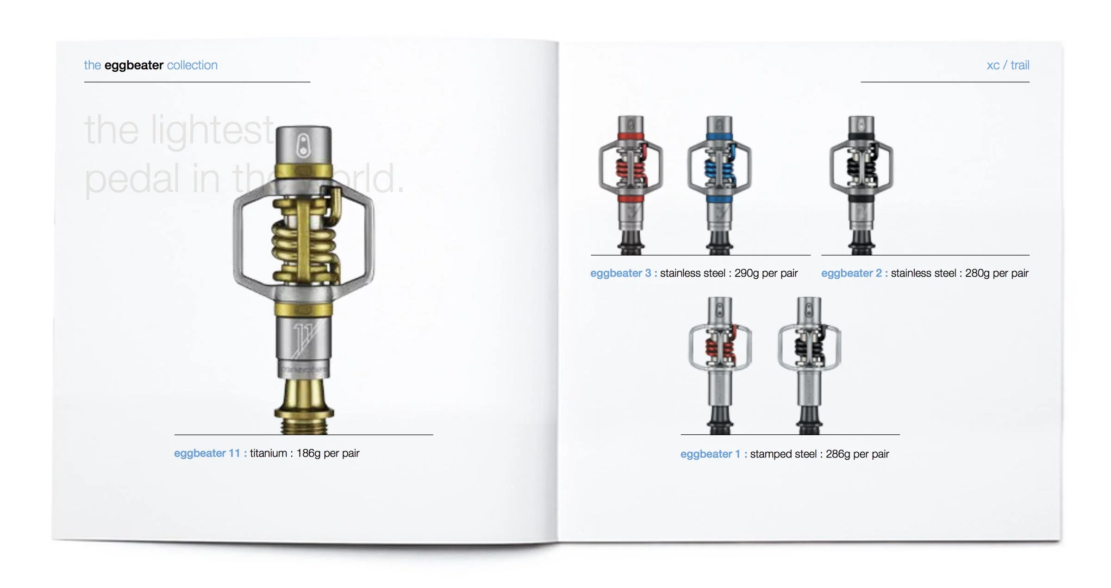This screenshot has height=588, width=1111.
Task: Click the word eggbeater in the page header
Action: tap(134, 65)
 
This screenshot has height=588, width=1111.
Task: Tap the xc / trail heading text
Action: tap(1008, 65)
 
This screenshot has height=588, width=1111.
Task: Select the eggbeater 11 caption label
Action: tap(207, 453)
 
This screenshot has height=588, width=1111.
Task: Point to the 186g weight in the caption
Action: tap(308, 453)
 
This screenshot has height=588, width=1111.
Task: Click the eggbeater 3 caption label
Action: tap(620, 273)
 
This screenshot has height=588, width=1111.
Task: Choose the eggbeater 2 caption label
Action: tap(851, 273)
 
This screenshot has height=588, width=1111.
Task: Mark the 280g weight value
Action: tap(977, 273)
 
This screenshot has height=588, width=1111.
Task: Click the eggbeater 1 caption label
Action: tap(711, 454)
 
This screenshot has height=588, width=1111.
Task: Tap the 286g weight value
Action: tap(838, 454)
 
